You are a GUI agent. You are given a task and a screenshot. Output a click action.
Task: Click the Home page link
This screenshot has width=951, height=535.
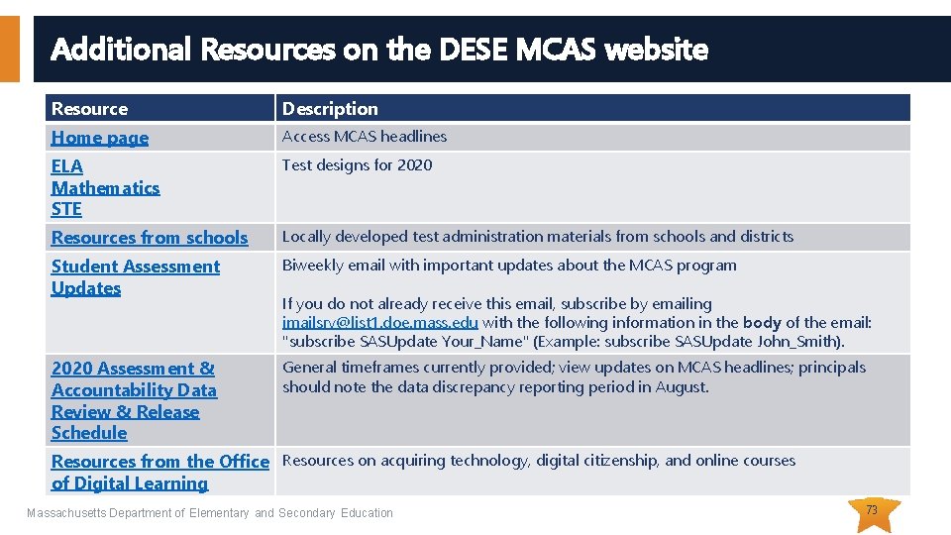tap(99, 138)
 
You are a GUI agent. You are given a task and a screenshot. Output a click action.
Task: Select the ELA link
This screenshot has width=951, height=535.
tap(67, 166)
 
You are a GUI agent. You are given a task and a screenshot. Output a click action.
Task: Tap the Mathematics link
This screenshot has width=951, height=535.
tap(105, 188)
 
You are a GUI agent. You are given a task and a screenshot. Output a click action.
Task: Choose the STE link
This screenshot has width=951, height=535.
tap(66, 209)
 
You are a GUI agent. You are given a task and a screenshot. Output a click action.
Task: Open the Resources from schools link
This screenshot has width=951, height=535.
tap(150, 238)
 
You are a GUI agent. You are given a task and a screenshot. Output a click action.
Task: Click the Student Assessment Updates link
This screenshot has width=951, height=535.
tap(135, 277)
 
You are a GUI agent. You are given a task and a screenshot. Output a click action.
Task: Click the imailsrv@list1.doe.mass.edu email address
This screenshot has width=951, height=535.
tap(380, 323)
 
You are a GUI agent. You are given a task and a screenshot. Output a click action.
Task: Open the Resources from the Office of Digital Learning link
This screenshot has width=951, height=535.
tap(159, 472)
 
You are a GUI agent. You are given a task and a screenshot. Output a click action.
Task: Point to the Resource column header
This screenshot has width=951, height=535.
tap(89, 109)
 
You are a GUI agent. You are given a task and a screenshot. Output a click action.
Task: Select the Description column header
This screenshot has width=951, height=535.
tap(330, 109)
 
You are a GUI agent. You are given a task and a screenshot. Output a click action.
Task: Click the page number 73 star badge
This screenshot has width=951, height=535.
tap(872, 511)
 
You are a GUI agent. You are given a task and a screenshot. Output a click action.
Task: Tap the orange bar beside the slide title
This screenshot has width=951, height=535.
tap(9, 48)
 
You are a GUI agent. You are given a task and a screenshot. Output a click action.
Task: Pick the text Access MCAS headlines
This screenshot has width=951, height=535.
tap(365, 137)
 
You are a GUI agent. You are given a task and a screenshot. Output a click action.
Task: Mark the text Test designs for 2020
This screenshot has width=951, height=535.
tap(357, 165)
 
